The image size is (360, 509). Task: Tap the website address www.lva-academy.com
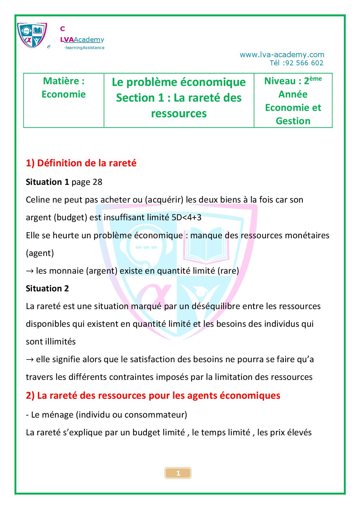coord(282,55)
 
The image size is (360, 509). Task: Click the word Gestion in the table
coord(293,121)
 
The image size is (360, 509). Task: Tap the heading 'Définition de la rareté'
coord(87,163)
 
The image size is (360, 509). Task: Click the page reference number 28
coord(97,182)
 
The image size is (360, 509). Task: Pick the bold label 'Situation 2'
coord(47,288)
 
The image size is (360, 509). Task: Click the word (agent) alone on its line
coord(40,253)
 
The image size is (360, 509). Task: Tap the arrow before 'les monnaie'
coord(30,271)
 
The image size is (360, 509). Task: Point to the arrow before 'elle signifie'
coord(30,360)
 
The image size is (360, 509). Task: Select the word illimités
coord(61,342)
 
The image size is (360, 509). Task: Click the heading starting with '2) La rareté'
coord(153,396)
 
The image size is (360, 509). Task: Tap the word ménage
coord(57,414)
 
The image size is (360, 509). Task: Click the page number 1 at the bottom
coord(178,474)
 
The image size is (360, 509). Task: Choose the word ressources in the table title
coord(179,113)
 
